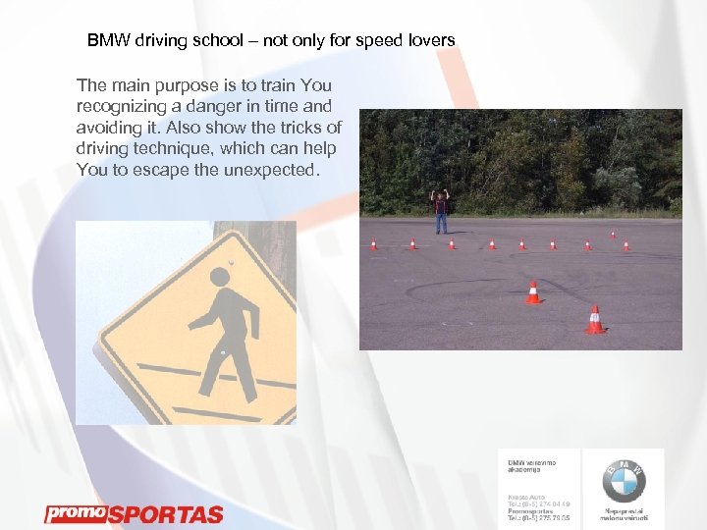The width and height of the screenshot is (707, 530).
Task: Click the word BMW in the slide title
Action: (105, 41)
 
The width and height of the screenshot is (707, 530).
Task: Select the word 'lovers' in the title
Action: (431, 41)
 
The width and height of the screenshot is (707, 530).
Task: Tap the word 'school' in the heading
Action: (212, 41)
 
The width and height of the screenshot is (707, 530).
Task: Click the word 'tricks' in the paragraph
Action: (299, 127)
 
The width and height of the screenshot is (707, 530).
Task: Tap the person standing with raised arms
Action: (442, 209)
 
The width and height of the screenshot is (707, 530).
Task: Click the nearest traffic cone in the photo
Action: (595, 320)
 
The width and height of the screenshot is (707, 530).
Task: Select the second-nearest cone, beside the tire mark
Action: (533, 291)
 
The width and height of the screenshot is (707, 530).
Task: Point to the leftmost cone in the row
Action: (373, 243)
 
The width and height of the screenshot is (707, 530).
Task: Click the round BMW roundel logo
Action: (623, 480)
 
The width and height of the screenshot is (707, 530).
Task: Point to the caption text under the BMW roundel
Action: (623, 514)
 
